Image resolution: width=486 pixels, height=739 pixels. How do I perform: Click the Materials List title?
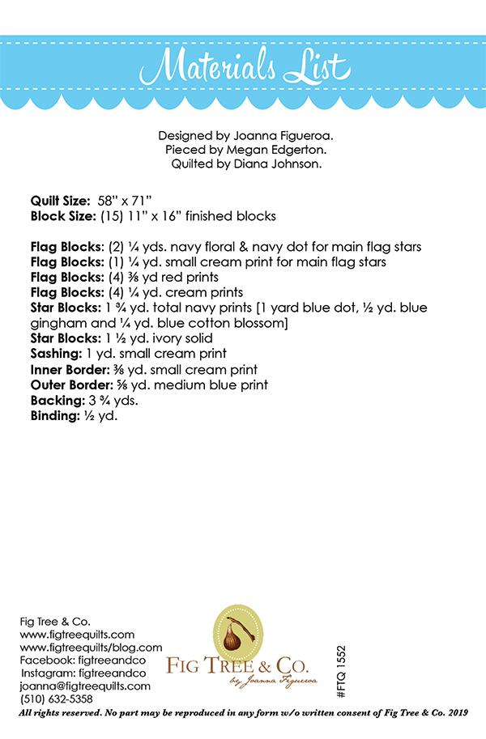coord(243,65)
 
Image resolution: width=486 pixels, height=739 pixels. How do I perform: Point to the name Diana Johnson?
coord(275,163)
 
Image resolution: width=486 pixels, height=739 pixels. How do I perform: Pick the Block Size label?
coord(63,216)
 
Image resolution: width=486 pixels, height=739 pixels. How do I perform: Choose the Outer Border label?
coord(68,384)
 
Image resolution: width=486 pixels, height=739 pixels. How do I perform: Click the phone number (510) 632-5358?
coord(56,699)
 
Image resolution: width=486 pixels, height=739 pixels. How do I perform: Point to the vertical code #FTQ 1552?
coord(340,671)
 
